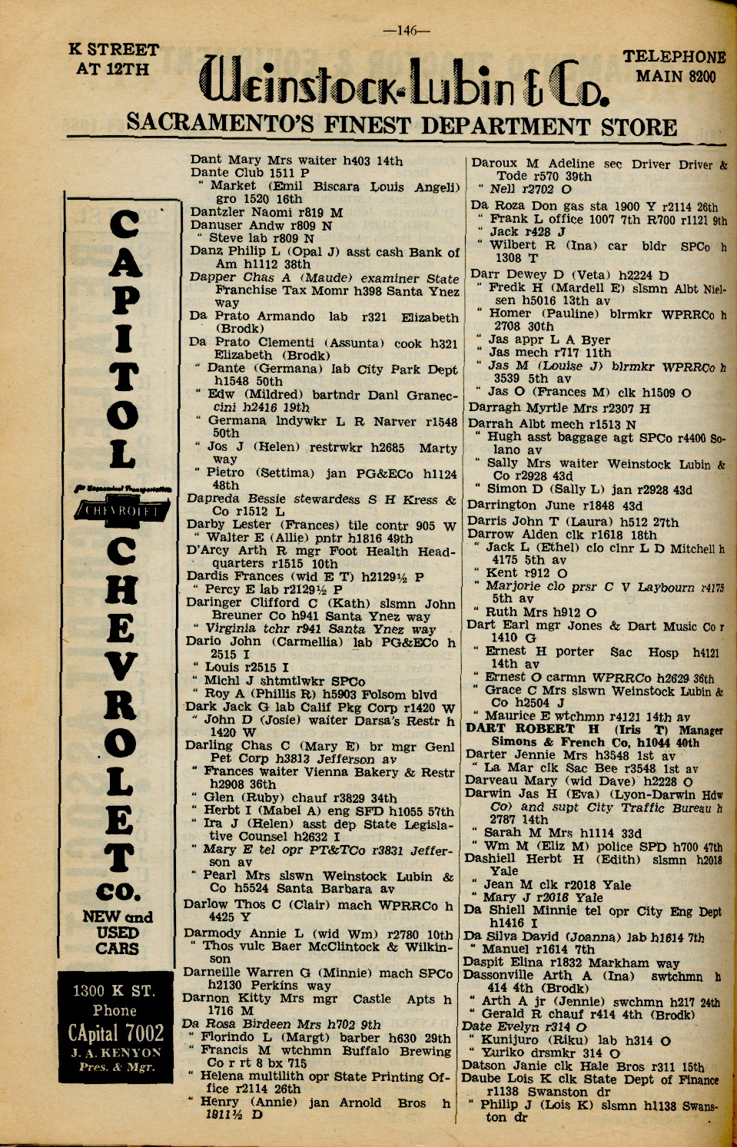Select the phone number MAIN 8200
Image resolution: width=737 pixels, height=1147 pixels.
click(x=676, y=77)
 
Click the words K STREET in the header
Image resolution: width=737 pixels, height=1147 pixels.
click(x=114, y=51)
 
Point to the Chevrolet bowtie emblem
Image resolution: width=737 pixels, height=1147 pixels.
click(x=124, y=510)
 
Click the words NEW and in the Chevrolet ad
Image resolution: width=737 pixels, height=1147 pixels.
click(x=118, y=917)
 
